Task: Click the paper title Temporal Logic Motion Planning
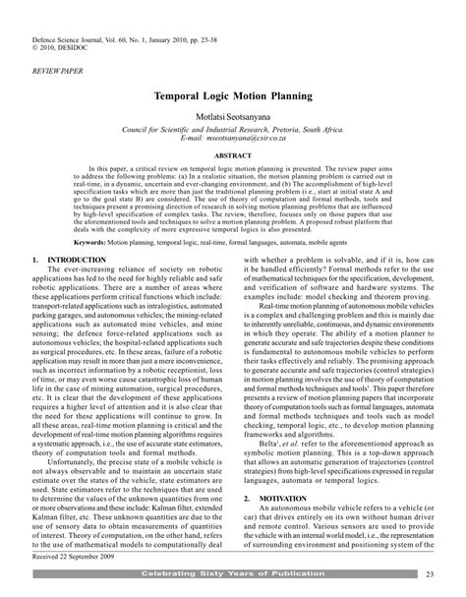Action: pyautogui.click(x=232, y=99)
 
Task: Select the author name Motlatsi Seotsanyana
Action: pyautogui.click(x=232, y=117)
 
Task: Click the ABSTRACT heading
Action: pyautogui.click(x=233, y=155)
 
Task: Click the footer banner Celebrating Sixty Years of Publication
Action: pyautogui.click(x=232, y=572)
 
